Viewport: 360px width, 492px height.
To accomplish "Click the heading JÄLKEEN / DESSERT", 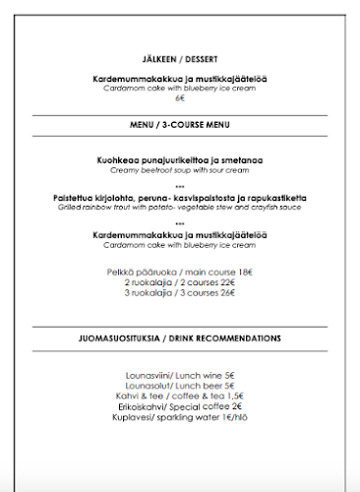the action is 180,58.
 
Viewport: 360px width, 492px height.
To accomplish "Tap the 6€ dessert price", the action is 180,98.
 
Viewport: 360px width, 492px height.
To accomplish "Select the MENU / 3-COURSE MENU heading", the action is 180,127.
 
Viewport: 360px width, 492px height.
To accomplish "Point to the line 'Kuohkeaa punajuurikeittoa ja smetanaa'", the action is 180,159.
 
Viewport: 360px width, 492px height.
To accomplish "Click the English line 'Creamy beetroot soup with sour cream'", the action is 180,169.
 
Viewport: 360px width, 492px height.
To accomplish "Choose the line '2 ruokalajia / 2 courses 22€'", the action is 180,281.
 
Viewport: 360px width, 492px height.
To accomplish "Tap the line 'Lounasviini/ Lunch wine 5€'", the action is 180,375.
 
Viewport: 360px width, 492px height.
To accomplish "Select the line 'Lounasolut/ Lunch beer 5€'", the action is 180,386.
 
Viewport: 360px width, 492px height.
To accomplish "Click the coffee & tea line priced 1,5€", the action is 180,396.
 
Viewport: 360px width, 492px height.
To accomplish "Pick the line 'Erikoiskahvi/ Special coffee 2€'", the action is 180,406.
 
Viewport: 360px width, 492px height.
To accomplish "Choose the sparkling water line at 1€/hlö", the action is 180,417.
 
